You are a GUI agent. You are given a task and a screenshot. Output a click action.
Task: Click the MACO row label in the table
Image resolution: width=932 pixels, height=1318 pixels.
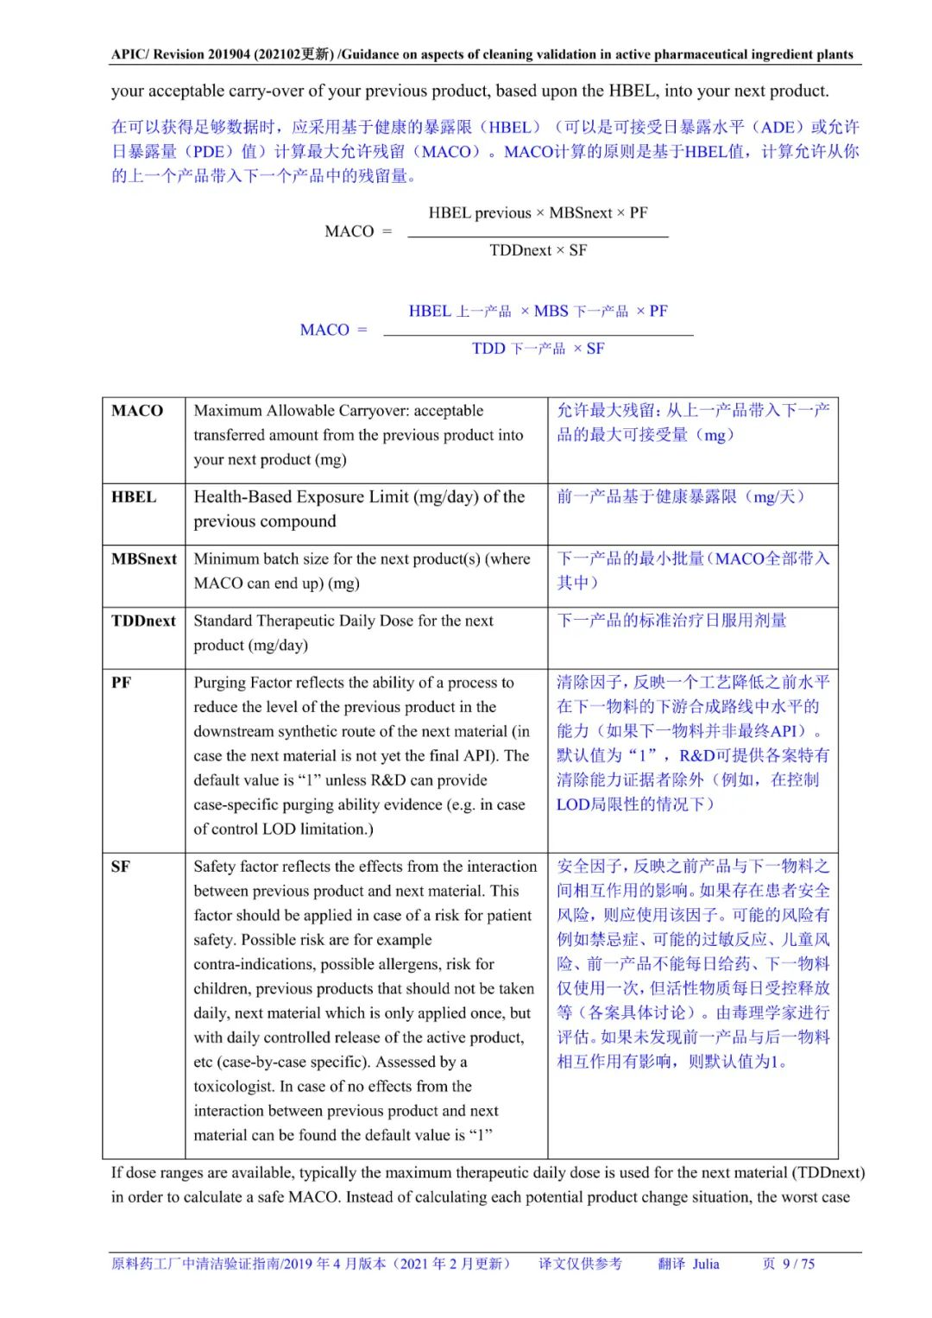(x=137, y=411)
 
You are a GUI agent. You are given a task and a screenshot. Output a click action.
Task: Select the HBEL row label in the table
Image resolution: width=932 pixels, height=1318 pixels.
(x=134, y=497)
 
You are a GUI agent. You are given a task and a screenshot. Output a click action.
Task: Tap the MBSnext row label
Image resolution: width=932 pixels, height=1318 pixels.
(x=143, y=559)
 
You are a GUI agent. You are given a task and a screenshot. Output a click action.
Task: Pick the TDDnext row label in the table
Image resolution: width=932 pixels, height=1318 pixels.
(x=143, y=621)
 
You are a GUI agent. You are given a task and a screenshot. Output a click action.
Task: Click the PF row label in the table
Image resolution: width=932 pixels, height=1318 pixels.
(x=121, y=684)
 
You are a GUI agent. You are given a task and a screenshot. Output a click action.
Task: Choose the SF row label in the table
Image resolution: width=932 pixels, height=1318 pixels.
(x=121, y=867)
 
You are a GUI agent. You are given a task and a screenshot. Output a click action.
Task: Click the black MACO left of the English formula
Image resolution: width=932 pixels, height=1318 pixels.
(x=349, y=231)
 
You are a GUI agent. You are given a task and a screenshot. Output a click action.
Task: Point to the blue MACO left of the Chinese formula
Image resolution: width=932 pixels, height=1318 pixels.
(x=324, y=330)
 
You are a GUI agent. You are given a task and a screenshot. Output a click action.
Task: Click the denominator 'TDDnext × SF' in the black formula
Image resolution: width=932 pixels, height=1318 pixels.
(x=538, y=250)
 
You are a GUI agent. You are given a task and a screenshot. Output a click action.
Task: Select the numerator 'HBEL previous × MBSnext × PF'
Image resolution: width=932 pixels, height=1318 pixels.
(x=538, y=213)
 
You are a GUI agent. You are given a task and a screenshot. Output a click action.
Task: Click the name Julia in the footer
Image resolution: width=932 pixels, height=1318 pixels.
(x=705, y=1264)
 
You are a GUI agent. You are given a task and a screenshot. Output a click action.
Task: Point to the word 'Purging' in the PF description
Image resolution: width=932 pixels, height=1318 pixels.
(x=220, y=683)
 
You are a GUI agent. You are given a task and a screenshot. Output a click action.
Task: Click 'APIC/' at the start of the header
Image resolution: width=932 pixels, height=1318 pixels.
(x=129, y=54)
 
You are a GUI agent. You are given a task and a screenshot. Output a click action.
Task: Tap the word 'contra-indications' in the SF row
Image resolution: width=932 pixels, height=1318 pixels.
(x=254, y=964)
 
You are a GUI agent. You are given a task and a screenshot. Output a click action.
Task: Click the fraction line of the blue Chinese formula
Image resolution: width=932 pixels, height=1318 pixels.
(x=538, y=335)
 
